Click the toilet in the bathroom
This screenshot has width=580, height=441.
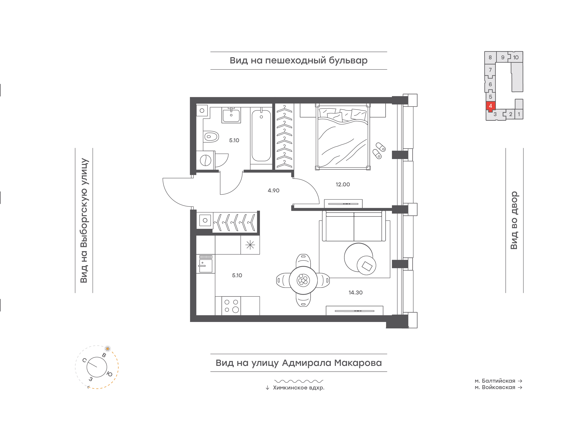tap(211, 137)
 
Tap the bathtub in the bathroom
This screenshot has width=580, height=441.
tap(261, 135)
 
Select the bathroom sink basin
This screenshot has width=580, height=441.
tap(231, 116)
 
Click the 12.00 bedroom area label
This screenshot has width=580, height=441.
tap(343, 185)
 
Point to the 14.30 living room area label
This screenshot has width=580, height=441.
tap(355, 293)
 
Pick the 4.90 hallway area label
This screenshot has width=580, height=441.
tap(273, 191)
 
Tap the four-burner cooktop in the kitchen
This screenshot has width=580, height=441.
tap(231, 306)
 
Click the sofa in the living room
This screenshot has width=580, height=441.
tap(354, 226)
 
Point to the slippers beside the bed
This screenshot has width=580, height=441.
tap(379, 150)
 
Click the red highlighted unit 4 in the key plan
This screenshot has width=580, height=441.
tap(490, 106)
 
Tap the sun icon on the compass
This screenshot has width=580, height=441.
tap(107, 349)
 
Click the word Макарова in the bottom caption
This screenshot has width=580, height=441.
tap(358, 363)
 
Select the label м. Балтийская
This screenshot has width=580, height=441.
tap(495, 381)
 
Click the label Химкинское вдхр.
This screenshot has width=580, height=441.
tap(299, 388)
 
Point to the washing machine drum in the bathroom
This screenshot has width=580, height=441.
tap(205, 160)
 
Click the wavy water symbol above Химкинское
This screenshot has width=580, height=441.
tap(299, 381)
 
